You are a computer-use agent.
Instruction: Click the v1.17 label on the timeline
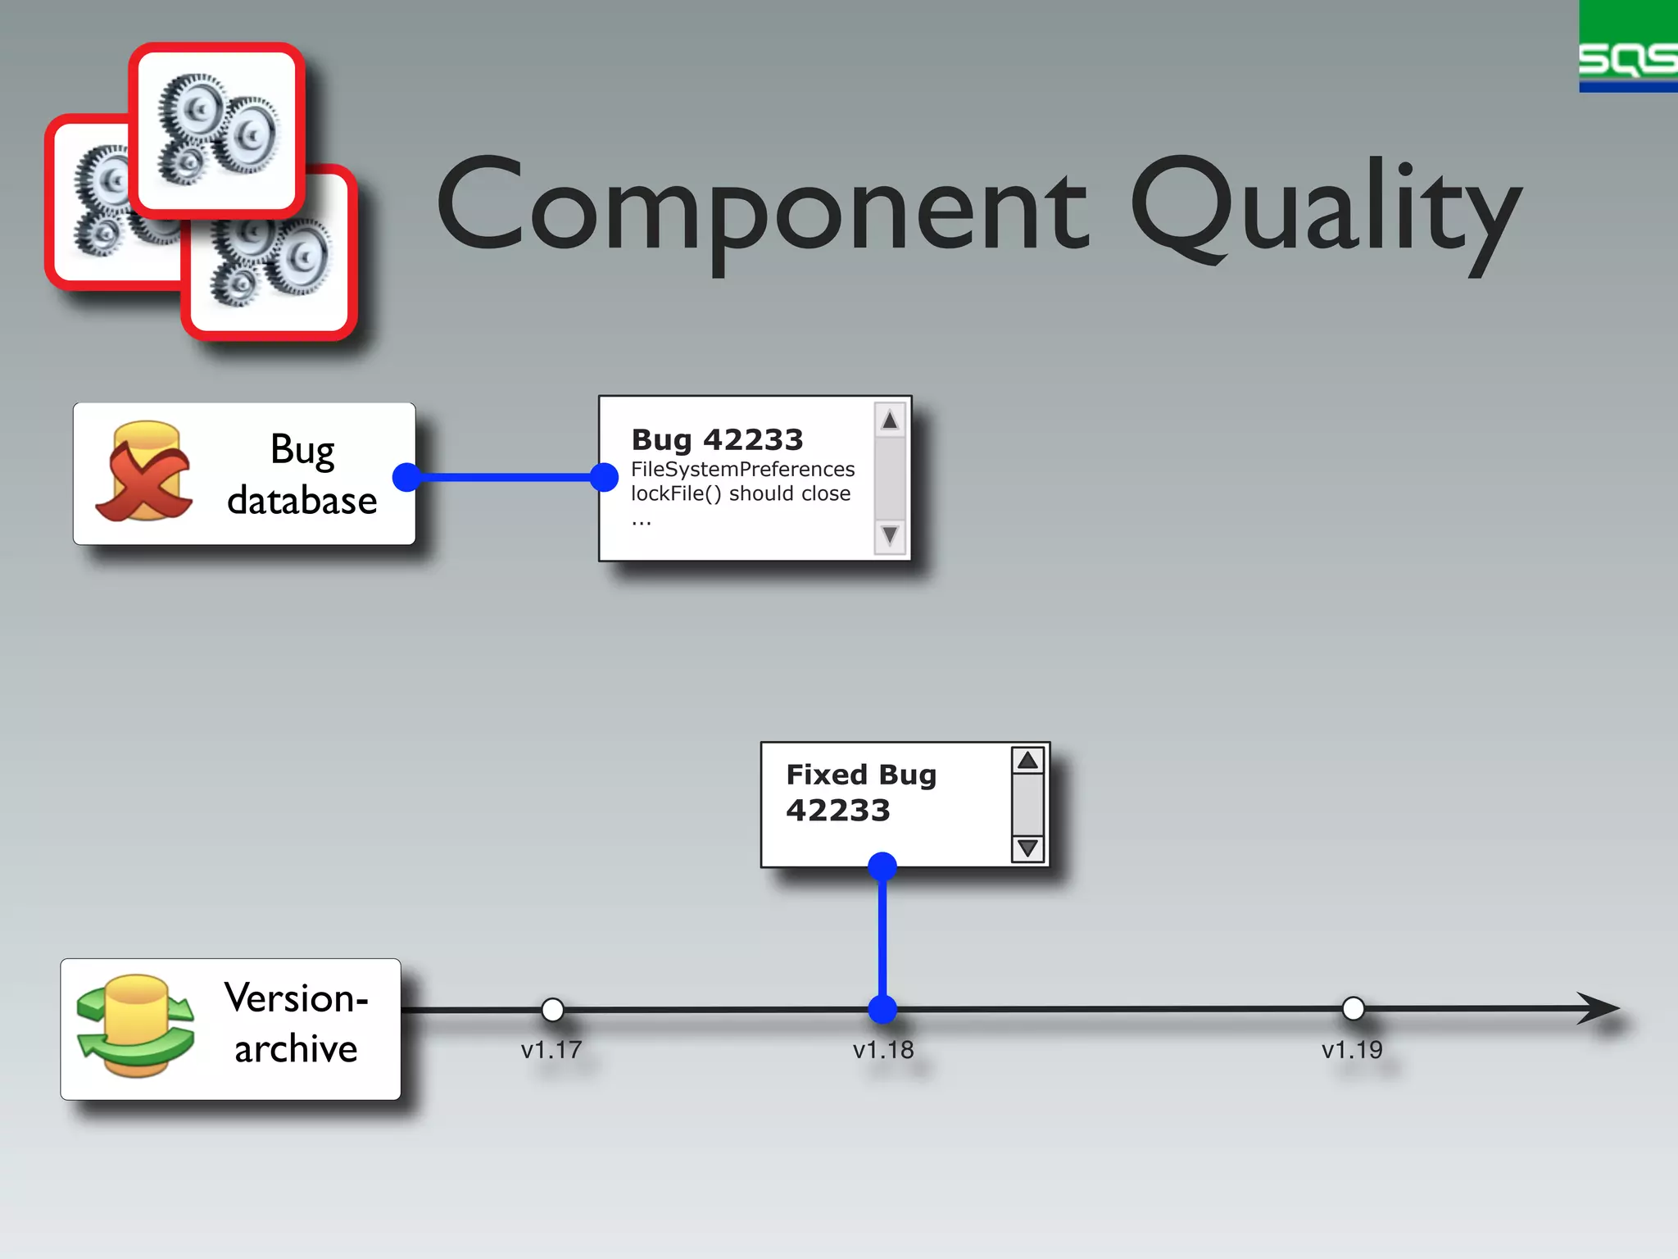(551, 1050)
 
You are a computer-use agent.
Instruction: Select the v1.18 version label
(882, 1050)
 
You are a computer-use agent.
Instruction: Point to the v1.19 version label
(1352, 1050)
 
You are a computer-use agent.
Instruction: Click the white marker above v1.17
(553, 1009)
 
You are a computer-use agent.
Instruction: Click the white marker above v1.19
(1354, 1008)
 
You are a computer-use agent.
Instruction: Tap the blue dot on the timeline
(882, 1009)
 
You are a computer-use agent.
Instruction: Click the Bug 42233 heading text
(717, 440)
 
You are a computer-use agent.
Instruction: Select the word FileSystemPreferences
(742, 470)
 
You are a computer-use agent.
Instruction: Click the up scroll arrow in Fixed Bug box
(1027, 761)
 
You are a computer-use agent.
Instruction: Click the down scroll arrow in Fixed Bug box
(1027, 848)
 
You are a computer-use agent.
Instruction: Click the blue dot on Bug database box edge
(406, 477)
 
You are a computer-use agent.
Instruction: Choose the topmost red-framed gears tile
(217, 130)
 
